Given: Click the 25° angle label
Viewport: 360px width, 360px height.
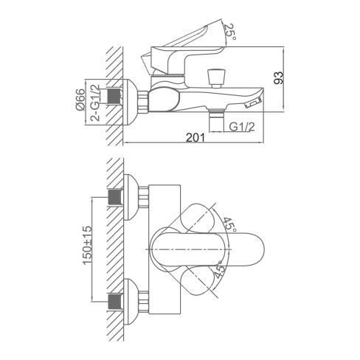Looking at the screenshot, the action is pyautogui.click(x=230, y=32).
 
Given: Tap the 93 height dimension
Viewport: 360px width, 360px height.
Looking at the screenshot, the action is pyautogui.click(x=278, y=78).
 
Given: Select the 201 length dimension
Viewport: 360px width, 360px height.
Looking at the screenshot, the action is pyautogui.click(x=195, y=138).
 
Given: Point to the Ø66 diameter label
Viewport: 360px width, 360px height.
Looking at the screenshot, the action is pyautogui.click(x=80, y=100).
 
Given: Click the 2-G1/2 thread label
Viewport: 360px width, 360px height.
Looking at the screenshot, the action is pyautogui.click(x=95, y=103).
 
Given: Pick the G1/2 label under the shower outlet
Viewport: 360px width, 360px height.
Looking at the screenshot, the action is pyautogui.click(x=242, y=127).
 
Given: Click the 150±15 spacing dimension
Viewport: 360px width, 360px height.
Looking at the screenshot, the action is pyautogui.click(x=88, y=245).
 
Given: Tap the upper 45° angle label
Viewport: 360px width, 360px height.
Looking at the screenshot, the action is pyautogui.click(x=229, y=224).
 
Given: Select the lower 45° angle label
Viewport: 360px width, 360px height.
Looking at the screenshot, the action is pyautogui.click(x=219, y=269).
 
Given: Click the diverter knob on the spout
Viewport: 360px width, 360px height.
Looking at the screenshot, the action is pyautogui.click(x=216, y=78).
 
